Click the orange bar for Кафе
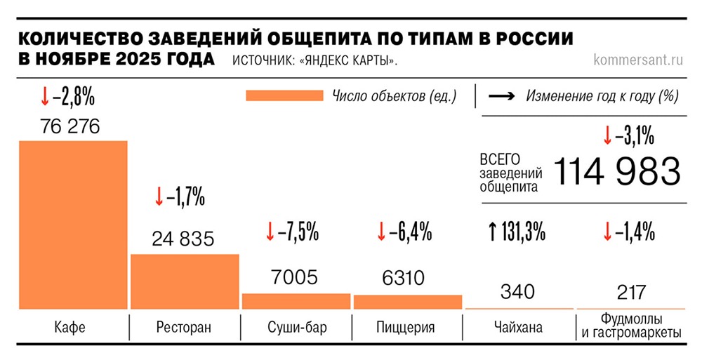click(73, 225)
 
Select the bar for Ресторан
click(185, 281)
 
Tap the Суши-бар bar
click(296, 301)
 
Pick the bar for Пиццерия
click(407, 302)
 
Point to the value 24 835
click(183, 239)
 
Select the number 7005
click(296, 278)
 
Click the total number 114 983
click(617, 171)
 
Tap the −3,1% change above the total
click(628, 135)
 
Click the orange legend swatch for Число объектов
click(284, 96)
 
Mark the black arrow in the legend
click(503, 96)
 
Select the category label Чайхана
click(517, 328)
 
